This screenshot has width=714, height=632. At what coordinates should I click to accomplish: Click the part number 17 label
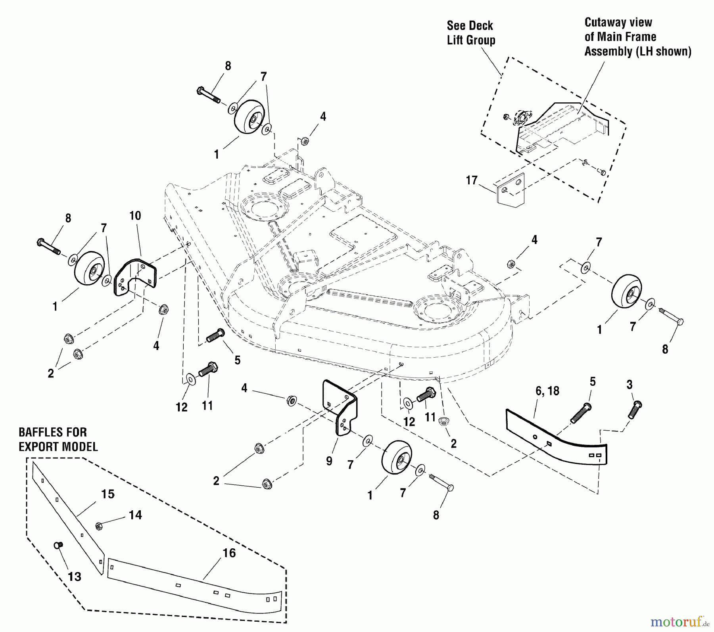472,181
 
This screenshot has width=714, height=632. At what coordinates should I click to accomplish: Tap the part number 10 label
135,216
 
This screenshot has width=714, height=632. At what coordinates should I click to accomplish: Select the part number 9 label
329,462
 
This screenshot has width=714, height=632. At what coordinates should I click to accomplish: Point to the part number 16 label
229,553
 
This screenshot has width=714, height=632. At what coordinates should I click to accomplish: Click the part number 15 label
108,494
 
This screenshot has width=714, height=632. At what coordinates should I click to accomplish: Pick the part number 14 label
135,515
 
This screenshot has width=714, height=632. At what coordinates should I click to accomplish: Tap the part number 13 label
75,576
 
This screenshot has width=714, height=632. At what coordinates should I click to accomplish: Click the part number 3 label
630,385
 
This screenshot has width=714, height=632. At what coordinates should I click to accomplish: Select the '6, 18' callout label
547,391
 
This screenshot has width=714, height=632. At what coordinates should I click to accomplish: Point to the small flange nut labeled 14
98,526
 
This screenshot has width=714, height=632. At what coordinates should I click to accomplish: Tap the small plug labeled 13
57,546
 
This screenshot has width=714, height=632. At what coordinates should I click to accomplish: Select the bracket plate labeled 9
341,408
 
